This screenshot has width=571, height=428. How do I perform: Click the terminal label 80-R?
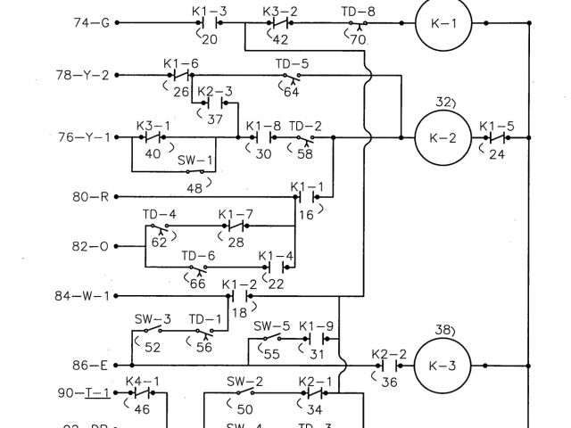pyautogui.click(x=91, y=196)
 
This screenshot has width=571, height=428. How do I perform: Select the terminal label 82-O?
pyautogui.click(x=91, y=243)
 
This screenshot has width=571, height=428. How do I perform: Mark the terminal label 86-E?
pyautogui.click(x=91, y=365)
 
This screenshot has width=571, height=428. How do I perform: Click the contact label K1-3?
pyautogui.click(x=210, y=10)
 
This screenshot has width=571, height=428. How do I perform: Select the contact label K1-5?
pyautogui.click(x=497, y=126)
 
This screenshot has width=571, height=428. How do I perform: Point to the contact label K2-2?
pyautogui.click(x=389, y=353)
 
